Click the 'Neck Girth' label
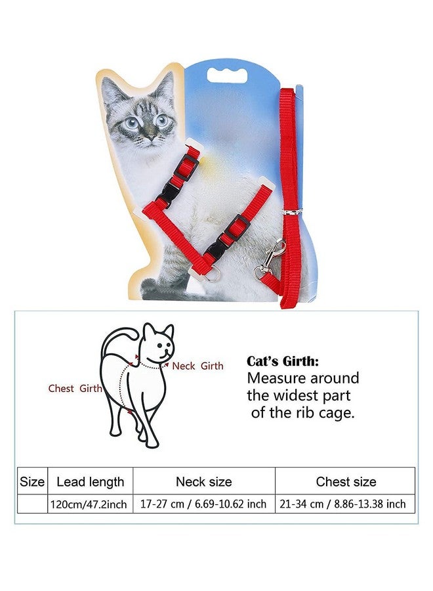click(x=197, y=366)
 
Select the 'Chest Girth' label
click(x=75, y=388)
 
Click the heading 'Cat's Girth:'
click(x=283, y=361)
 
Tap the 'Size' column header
click(x=32, y=481)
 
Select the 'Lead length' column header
click(x=91, y=481)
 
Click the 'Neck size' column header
click(x=203, y=481)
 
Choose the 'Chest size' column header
click(x=346, y=481)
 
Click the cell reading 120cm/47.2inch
click(x=91, y=504)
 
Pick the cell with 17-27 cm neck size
click(x=203, y=504)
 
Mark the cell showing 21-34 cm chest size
click(x=346, y=504)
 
